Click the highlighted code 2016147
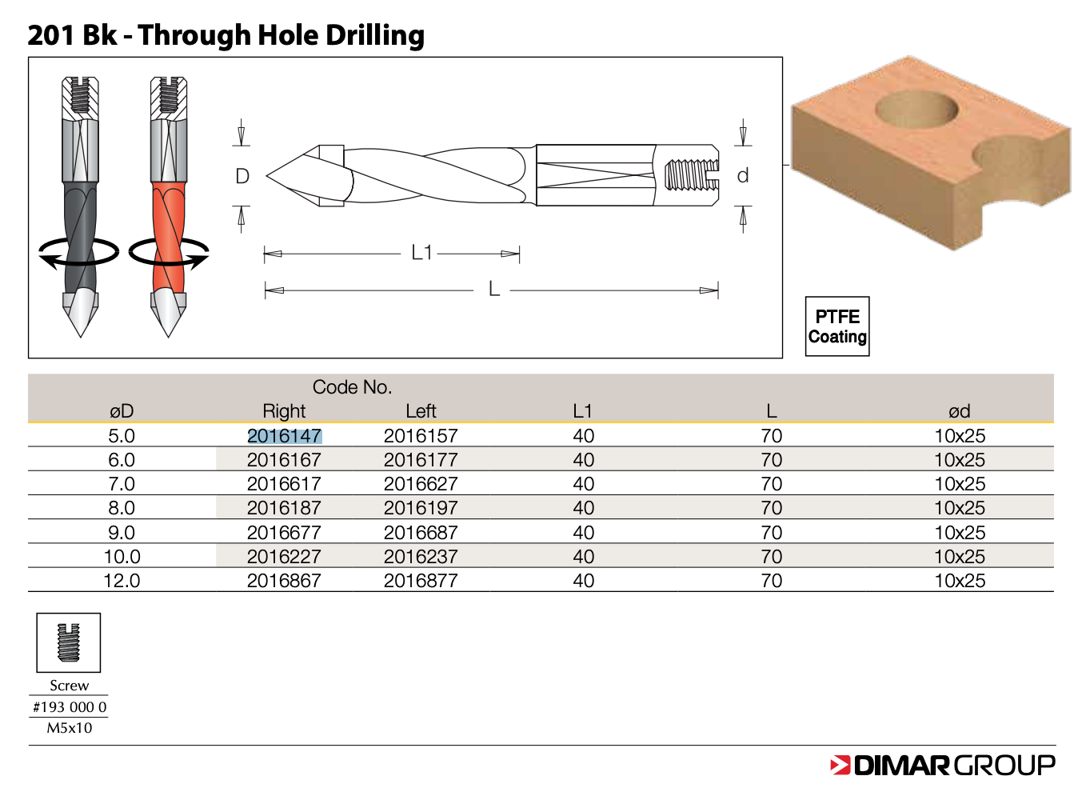point(285,436)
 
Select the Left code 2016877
point(421,581)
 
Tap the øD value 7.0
point(122,484)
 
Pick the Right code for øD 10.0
point(284,557)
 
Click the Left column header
point(421,411)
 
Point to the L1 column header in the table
point(582,411)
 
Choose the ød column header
point(959,411)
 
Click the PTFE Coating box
point(837,326)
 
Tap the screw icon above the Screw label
point(68,642)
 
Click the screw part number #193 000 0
point(70,707)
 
